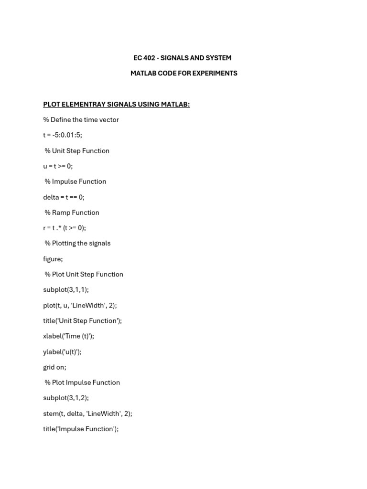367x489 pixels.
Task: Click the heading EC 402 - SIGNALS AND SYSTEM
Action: coord(182,58)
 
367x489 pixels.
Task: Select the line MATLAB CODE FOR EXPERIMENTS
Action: coord(183,73)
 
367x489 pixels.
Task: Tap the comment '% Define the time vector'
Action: coord(81,119)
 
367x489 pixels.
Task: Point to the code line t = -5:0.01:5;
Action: coord(62,135)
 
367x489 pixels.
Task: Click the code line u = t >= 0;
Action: coord(58,166)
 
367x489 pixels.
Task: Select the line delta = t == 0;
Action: coord(64,197)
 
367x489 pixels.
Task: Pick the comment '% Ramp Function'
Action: coord(72,213)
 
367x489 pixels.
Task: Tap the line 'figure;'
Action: coord(53,259)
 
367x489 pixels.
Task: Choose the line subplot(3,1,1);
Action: coord(66,289)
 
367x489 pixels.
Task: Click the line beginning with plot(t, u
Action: coord(80,305)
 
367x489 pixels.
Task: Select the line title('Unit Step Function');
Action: coord(82,320)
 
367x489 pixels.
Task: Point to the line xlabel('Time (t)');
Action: coord(68,336)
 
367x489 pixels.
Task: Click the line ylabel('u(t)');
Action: coord(62,351)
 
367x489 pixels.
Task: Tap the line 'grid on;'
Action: coord(54,367)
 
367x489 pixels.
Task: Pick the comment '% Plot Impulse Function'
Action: coord(82,383)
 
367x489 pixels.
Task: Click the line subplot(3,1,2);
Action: coord(66,398)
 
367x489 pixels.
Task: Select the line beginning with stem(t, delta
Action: coord(87,414)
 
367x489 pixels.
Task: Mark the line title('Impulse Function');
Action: coord(81,429)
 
